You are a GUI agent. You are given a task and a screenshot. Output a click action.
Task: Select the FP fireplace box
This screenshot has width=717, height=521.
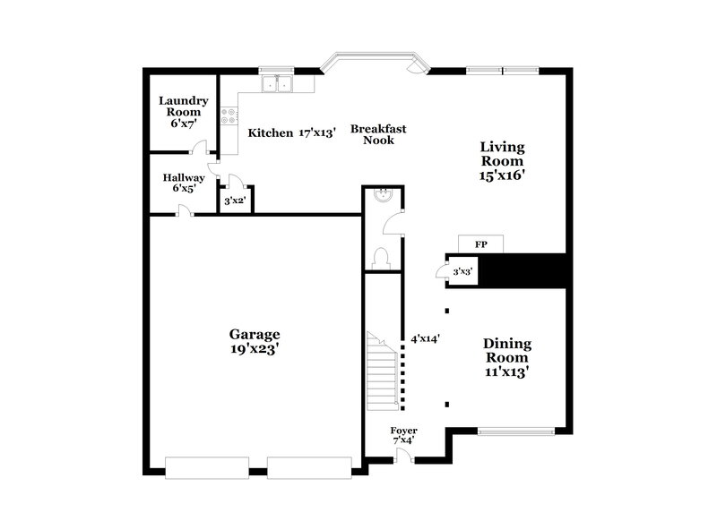(480, 243)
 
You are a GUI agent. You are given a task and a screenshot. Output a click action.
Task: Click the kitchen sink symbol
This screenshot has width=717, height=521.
(278, 84)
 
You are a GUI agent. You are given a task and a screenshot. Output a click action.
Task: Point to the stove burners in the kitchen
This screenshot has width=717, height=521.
(229, 115)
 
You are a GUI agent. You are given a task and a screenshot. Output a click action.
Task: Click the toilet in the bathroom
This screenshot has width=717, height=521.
(382, 258)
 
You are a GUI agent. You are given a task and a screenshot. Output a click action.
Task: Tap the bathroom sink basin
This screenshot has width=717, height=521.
(383, 195)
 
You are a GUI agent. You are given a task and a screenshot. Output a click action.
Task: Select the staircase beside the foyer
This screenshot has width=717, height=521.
(383, 372)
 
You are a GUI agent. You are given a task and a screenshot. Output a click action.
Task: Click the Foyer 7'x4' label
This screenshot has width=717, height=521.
(403, 435)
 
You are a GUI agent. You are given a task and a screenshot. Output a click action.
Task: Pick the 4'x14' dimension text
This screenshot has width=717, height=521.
(424, 339)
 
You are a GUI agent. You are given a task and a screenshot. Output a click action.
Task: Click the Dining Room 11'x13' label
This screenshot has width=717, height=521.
(507, 356)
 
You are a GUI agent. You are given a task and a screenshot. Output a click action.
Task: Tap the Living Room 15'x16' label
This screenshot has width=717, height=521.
(502, 161)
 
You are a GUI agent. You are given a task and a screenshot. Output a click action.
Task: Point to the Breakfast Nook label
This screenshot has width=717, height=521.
(377, 134)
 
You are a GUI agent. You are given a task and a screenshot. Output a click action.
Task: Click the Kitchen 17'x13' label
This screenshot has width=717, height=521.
(291, 132)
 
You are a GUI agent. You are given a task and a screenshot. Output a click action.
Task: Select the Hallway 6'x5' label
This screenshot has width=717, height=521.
(183, 184)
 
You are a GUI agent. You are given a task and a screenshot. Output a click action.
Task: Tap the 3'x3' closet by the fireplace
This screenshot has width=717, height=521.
(462, 271)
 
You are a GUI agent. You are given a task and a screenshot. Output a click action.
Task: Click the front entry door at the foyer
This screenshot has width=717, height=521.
(404, 457)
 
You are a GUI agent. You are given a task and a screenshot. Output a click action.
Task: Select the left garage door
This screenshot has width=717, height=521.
(207, 466)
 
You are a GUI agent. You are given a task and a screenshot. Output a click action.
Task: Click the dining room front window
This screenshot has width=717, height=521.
(515, 431)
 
